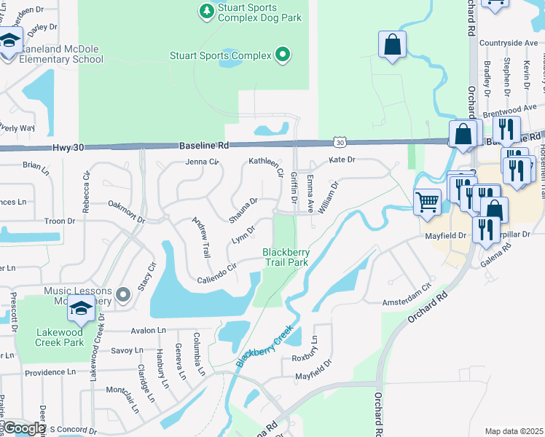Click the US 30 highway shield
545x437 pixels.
pyautogui.click(x=340, y=145)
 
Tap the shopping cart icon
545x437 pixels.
pyautogui.click(x=427, y=201)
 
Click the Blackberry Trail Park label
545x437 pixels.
pyautogui.click(x=286, y=257)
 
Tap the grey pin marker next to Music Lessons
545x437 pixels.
pyautogui.click(x=122, y=294)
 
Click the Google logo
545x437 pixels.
pyautogui.click(x=23, y=428)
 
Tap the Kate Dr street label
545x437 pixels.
pyautogui.click(x=342, y=160)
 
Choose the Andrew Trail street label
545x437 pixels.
pyautogui.click(x=201, y=238)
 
